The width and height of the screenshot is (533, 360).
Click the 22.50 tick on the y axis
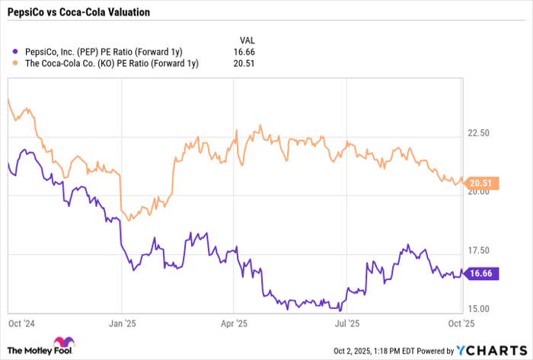click(478, 133)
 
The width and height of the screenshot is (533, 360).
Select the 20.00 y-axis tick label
click(478, 192)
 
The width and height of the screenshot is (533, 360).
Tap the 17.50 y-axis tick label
click(478, 250)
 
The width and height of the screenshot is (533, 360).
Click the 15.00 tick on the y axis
click(478, 309)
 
